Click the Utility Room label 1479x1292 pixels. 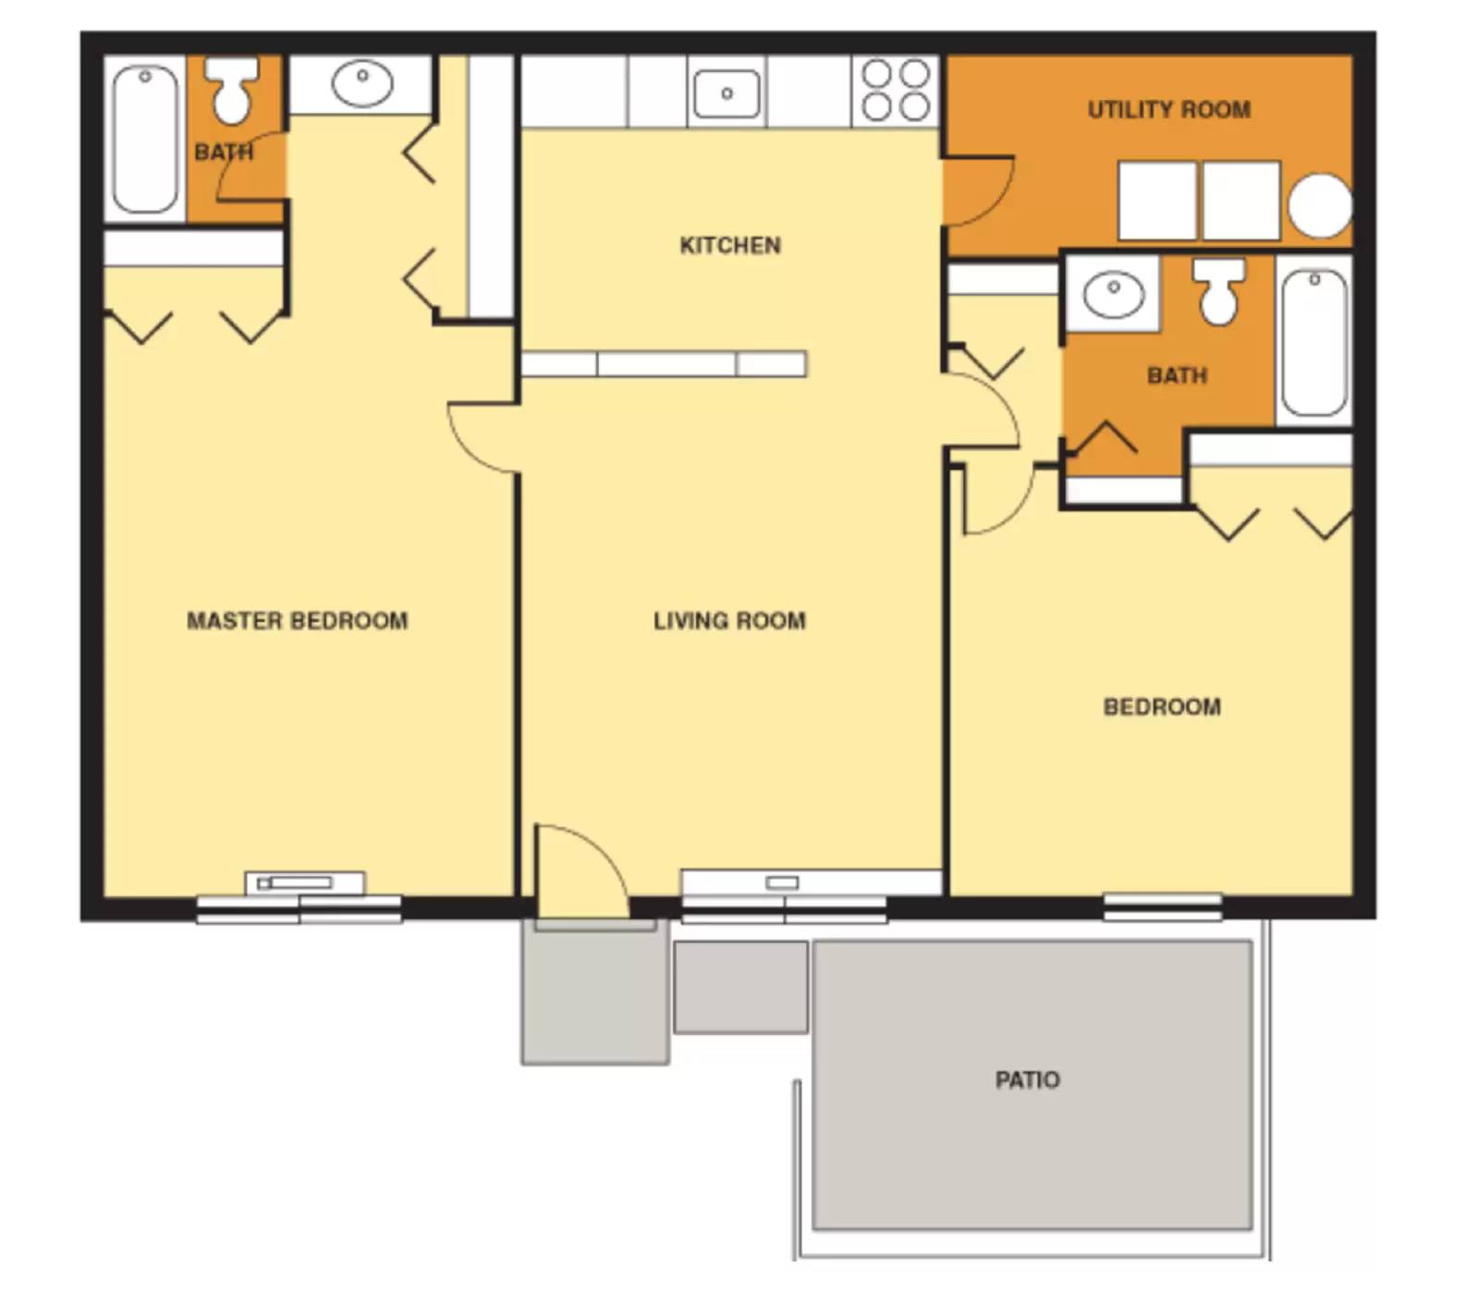(x=1168, y=110)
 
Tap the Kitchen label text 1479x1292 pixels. (x=729, y=246)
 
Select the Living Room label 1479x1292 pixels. (x=729, y=621)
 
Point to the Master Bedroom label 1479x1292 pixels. (x=297, y=621)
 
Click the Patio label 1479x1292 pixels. (x=1027, y=1079)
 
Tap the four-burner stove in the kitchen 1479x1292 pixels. (x=895, y=91)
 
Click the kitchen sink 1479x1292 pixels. (x=727, y=93)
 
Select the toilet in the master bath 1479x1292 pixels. (x=231, y=89)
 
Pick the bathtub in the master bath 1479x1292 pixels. (x=145, y=139)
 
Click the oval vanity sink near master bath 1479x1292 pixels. (x=361, y=83)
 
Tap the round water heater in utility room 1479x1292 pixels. (x=1320, y=205)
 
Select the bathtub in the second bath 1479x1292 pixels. (x=1314, y=342)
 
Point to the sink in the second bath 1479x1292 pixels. (x=1113, y=295)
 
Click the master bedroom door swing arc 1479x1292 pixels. (x=481, y=439)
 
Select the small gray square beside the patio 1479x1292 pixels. (x=740, y=987)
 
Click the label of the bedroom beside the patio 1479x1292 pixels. (x=1162, y=707)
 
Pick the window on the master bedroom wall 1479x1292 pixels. (x=299, y=909)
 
